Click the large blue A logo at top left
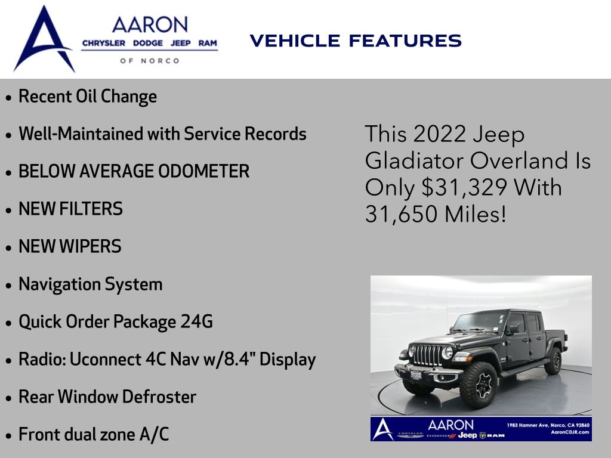tap(44, 39)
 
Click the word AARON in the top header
tap(150, 25)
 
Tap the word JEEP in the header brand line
tap(180, 43)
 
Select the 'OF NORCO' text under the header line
tap(150, 61)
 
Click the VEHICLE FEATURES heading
tap(356, 41)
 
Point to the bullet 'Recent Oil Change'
tap(88, 97)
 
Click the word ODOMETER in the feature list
tap(204, 171)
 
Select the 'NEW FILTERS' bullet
tap(70, 209)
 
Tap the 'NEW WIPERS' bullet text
tap(70, 246)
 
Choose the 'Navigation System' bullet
tap(91, 284)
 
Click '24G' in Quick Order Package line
tap(196, 321)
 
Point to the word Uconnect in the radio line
tap(105, 359)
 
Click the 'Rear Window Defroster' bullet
tap(107, 397)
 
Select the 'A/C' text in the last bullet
tap(155, 434)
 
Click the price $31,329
tap(464, 187)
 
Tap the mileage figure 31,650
tap(402, 214)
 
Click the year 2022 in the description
tap(440, 134)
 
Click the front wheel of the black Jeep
tap(479, 385)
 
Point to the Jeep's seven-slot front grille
tap(427, 355)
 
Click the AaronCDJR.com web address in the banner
tap(570, 432)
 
